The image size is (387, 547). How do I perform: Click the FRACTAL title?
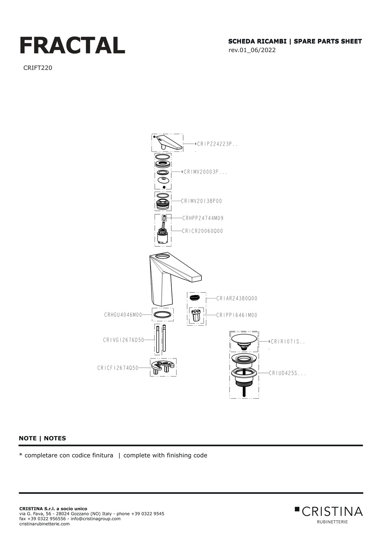(72, 45)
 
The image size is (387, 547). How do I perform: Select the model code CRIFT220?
(37, 68)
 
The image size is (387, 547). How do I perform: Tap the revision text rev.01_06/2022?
(252, 50)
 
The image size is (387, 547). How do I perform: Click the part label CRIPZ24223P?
(216, 144)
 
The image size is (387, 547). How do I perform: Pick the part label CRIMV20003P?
(204, 172)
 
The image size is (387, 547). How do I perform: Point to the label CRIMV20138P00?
(201, 201)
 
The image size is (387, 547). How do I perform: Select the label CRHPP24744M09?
(203, 218)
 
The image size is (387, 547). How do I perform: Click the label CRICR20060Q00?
(202, 231)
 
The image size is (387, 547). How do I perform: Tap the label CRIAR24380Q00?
(237, 298)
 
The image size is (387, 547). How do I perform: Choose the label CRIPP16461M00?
(237, 315)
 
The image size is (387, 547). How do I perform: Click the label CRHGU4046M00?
(123, 315)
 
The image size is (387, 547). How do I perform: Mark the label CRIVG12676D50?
(123, 340)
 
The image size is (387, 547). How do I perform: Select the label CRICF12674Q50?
(118, 368)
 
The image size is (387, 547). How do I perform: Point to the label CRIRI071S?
(286, 342)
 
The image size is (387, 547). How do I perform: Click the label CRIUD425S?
(287, 373)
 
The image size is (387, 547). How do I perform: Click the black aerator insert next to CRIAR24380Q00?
(195, 298)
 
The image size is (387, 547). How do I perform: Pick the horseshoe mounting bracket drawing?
(163, 367)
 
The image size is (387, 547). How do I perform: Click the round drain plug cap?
(244, 339)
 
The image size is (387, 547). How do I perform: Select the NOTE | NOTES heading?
(42, 439)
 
